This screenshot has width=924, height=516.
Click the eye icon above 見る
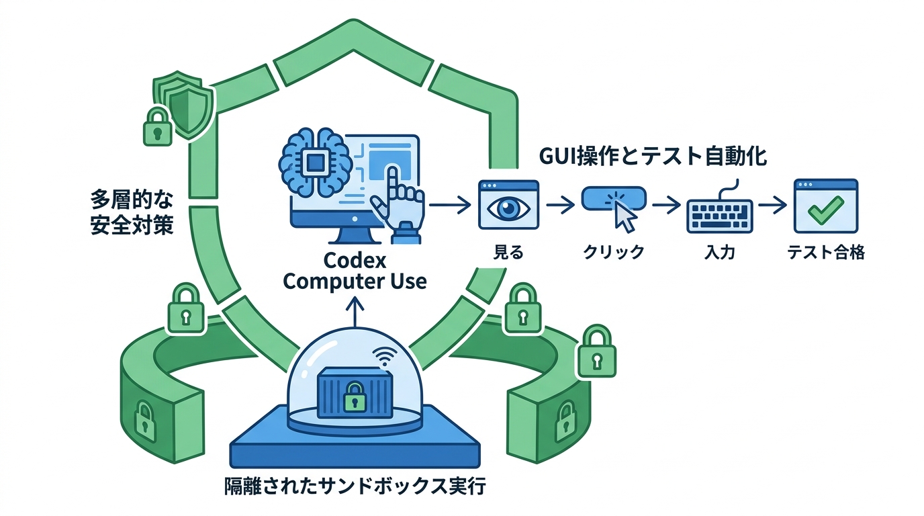[x=508, y=206]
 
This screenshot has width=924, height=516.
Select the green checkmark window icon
[x=825, y=206]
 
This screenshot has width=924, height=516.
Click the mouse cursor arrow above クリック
[x=625, y=216]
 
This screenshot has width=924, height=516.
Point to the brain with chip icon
[x=314, y=161]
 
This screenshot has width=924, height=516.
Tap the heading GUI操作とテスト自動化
[x=653, y=157]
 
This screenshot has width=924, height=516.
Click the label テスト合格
[x=825, y=253]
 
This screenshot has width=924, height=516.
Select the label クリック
[x=613, y=253]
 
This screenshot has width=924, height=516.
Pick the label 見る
[x=508, y=253]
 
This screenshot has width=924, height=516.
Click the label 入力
[x=719, y=253]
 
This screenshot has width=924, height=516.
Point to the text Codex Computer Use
[x=355, y=270]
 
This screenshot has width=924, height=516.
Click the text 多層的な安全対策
[x=132, y=212]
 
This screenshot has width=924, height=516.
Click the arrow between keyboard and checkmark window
[x=772, y=205]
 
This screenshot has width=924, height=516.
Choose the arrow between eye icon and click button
[x=560, y=205]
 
